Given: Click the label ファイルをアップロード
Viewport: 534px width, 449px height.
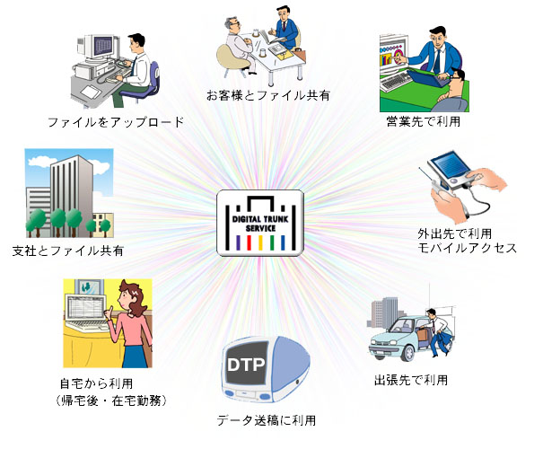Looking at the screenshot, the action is coord(116,122).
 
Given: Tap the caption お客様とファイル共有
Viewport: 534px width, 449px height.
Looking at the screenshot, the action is coord(268,95).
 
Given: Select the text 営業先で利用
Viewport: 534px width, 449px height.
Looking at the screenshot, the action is coord(423,121).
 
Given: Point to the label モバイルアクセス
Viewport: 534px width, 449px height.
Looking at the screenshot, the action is coord(468,248).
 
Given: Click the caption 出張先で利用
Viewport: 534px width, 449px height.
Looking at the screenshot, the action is coord(411,380).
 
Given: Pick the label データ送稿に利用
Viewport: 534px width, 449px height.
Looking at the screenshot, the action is coord(267,420).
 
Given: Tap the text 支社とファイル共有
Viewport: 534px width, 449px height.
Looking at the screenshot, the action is coord(68,251).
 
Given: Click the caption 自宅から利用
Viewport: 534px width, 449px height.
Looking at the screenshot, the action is coord(96,383).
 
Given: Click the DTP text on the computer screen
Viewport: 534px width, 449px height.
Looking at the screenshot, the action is coord(246,365).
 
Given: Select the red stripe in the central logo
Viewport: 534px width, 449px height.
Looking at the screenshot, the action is coord(249,242).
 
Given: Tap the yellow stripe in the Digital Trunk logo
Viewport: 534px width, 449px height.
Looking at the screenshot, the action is coord(260,242).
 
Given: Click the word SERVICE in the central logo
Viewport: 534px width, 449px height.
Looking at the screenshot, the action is coord(260,228).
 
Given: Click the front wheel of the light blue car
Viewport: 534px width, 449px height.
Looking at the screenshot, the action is coord(407,353).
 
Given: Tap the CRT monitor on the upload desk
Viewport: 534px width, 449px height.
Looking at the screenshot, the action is coord(99,47).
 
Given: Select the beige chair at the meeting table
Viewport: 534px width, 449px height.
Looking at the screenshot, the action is coord(235,57).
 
